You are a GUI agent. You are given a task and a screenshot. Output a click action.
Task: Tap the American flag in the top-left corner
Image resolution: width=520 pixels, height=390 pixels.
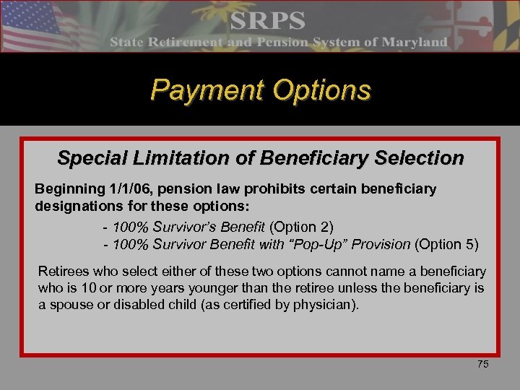(x=32, y=22)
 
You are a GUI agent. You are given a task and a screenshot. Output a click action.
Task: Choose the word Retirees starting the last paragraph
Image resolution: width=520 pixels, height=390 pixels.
(x=63, y=272)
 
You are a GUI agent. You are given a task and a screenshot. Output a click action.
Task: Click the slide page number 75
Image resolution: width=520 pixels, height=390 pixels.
(x=482, y=364)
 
